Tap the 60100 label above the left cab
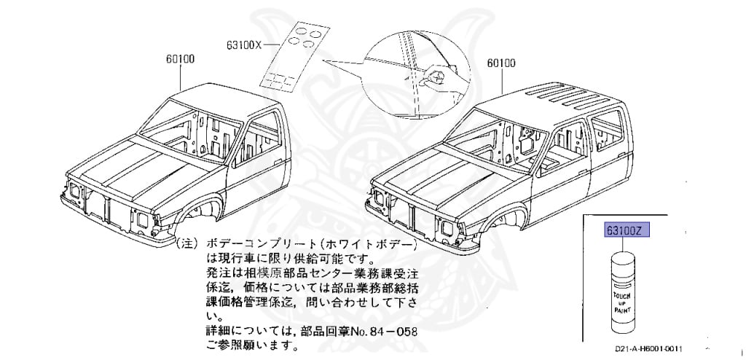[179, 59]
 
